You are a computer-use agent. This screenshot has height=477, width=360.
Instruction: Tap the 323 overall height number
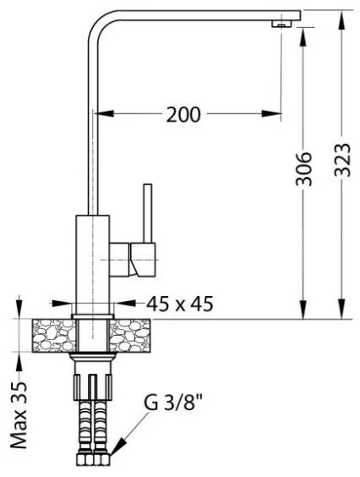pyautogui.click(x=342, y=156)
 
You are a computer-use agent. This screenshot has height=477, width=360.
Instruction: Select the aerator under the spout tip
pyautogui.click(x=278, y=25)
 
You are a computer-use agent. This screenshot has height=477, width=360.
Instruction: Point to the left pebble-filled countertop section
pyautogui.click(x=52, y=335)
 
